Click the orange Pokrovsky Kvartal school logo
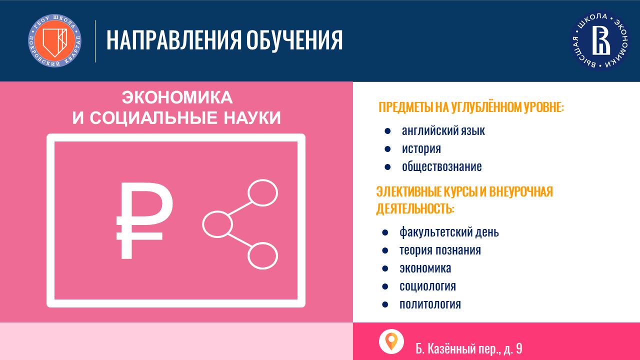click(x=54, y=41)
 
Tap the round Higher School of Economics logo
click(x=600, y=41)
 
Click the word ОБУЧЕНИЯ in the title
click(x=294, y=41)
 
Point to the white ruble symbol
click(x=144, y=220)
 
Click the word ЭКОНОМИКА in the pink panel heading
click(x=177, y=97)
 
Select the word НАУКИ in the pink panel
click(x=252, y=118)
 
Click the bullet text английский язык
click(x=443, y=131)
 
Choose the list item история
click(x=421, y=149)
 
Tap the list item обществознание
click(x=441, y=166)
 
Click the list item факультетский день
click(x=449, y=232)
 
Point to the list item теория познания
click(x=440, y=250)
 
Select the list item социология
click(x=427, y=286)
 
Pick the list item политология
click(x=430, y=304)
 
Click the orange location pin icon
click(x=391, y=341)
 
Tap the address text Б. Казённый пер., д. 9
click(x=469, y=348)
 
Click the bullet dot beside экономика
click(x=385, y=269)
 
